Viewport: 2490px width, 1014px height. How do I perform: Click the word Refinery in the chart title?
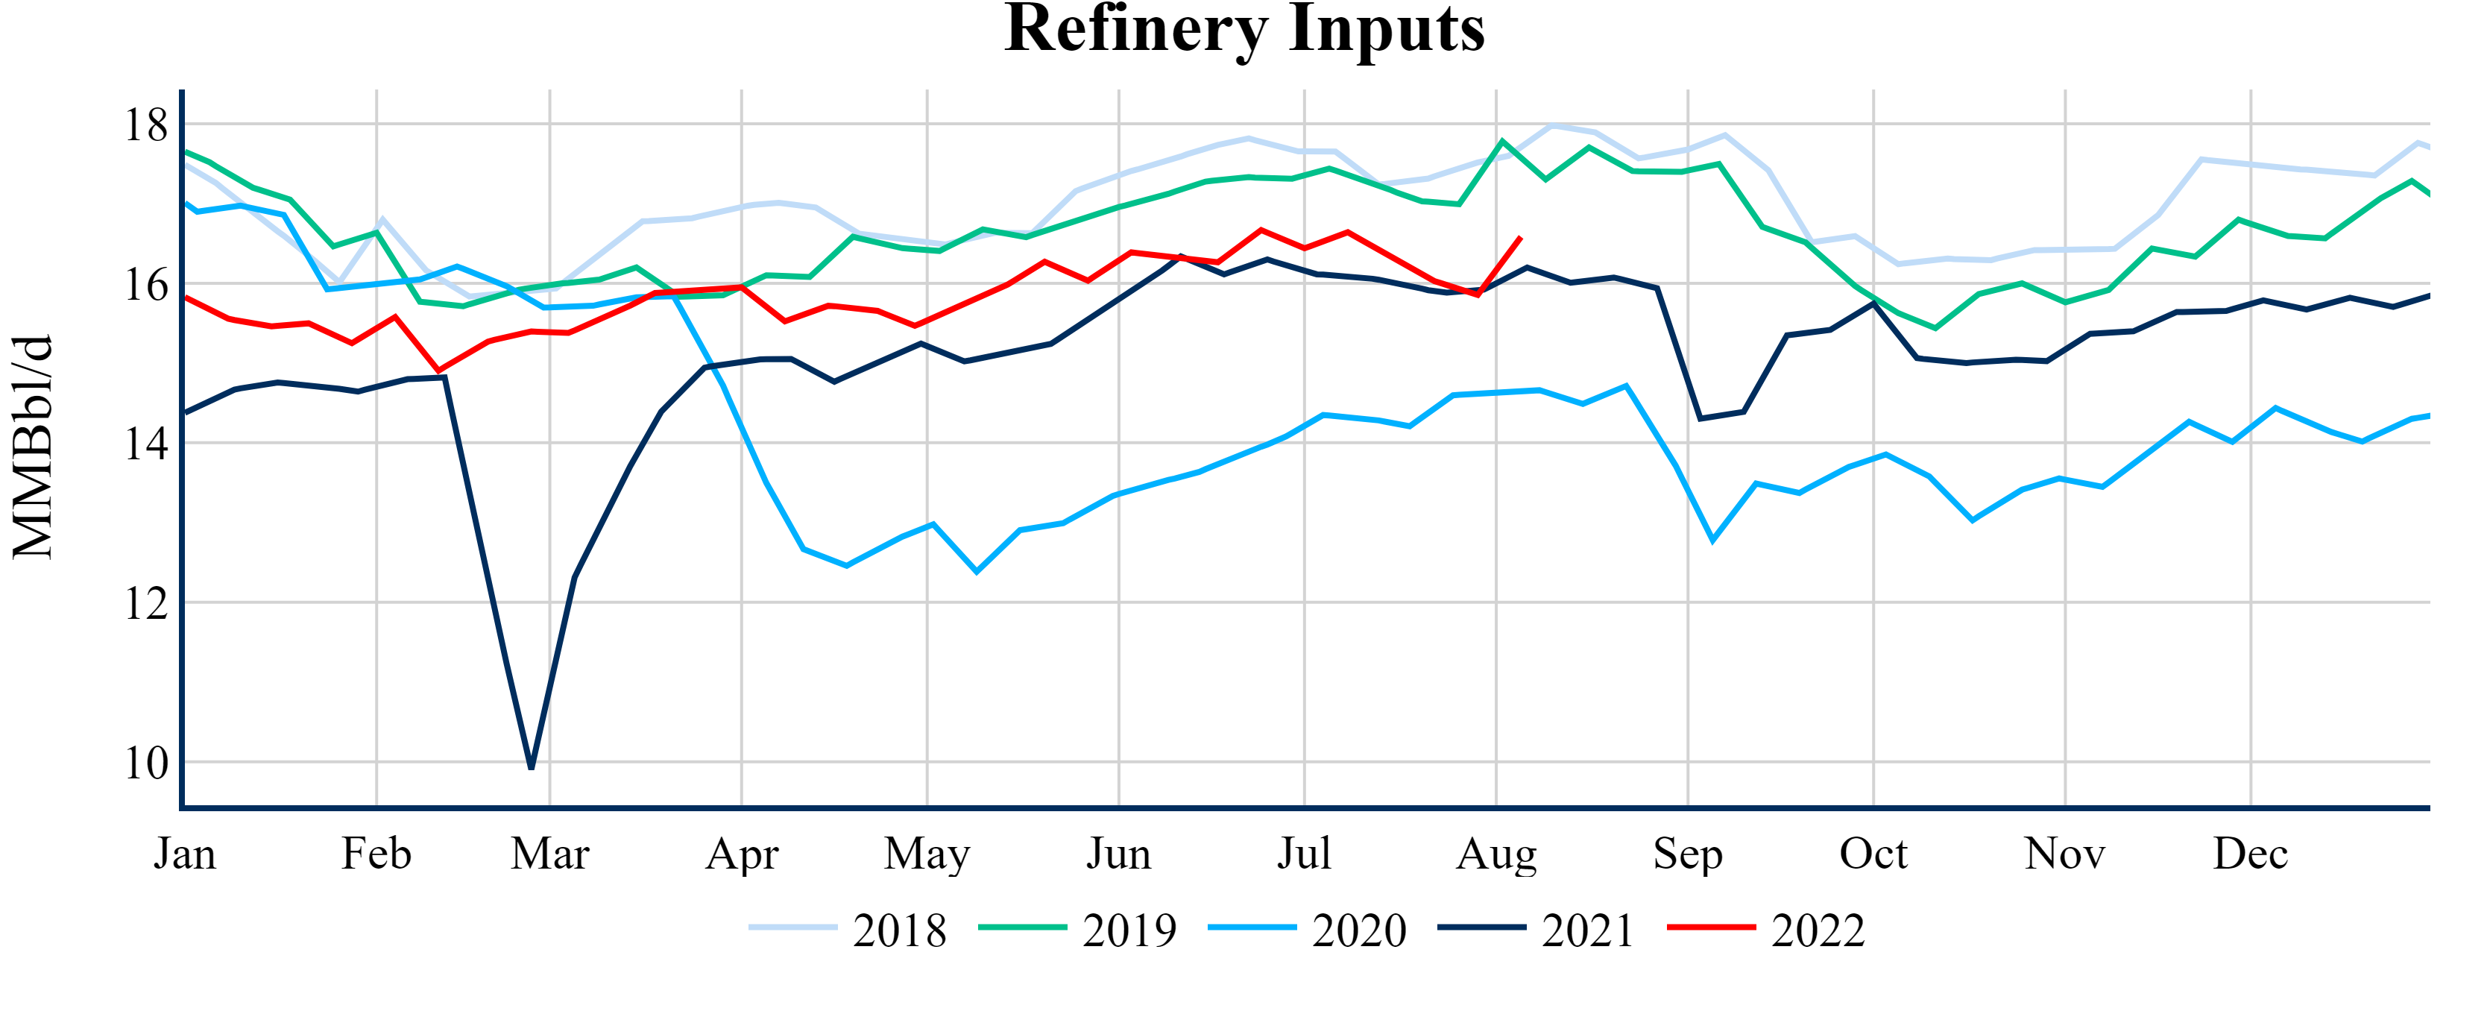(x=1135, y=29)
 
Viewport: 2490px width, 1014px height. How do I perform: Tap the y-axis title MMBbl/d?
(x=33, y=447)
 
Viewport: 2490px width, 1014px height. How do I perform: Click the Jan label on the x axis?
(x=185, y=854)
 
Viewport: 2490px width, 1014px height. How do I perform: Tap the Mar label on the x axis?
(x=550, y=854)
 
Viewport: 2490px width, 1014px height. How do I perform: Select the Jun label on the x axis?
(x=1118, y=854)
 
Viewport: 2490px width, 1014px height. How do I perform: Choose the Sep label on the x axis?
(x=1688, y=854)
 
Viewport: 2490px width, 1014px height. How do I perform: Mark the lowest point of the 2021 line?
(x=532, y=767)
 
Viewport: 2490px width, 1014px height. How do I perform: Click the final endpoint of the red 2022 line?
(x=1522, y=237)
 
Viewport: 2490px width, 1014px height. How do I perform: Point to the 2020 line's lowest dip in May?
(x=977, y=571)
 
